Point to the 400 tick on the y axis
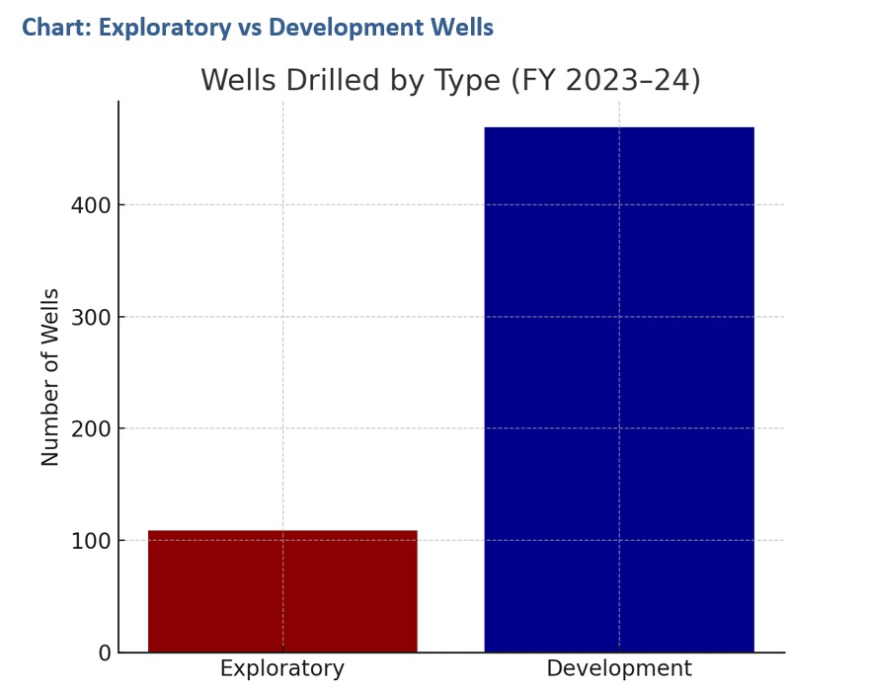pyautogui.click(x=90, y=205)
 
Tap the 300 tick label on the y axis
pyautogui.click(x=90, y=317)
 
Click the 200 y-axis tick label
pyautogui.click(x=90, y=428)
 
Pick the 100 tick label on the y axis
pyautogui.click(x=90, y=541)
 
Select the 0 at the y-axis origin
pyautogui.click(x=104, y=653)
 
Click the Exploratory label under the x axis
pyautogui.click(x=282, y=669)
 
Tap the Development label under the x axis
pyautogui.click(x=619, y=669)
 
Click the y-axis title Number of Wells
pyautogui.click(x=50, y=377)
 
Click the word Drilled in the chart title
pyautogui.click(x=331, y=80)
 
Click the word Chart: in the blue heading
pyautogui.click(x=56, y=28)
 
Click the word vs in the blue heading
pyautogui.click(x=251, y=28)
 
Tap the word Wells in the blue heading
pyautogui.click(x=463, y=28)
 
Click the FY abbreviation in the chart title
pyautogui.click(x=533, y=80)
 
